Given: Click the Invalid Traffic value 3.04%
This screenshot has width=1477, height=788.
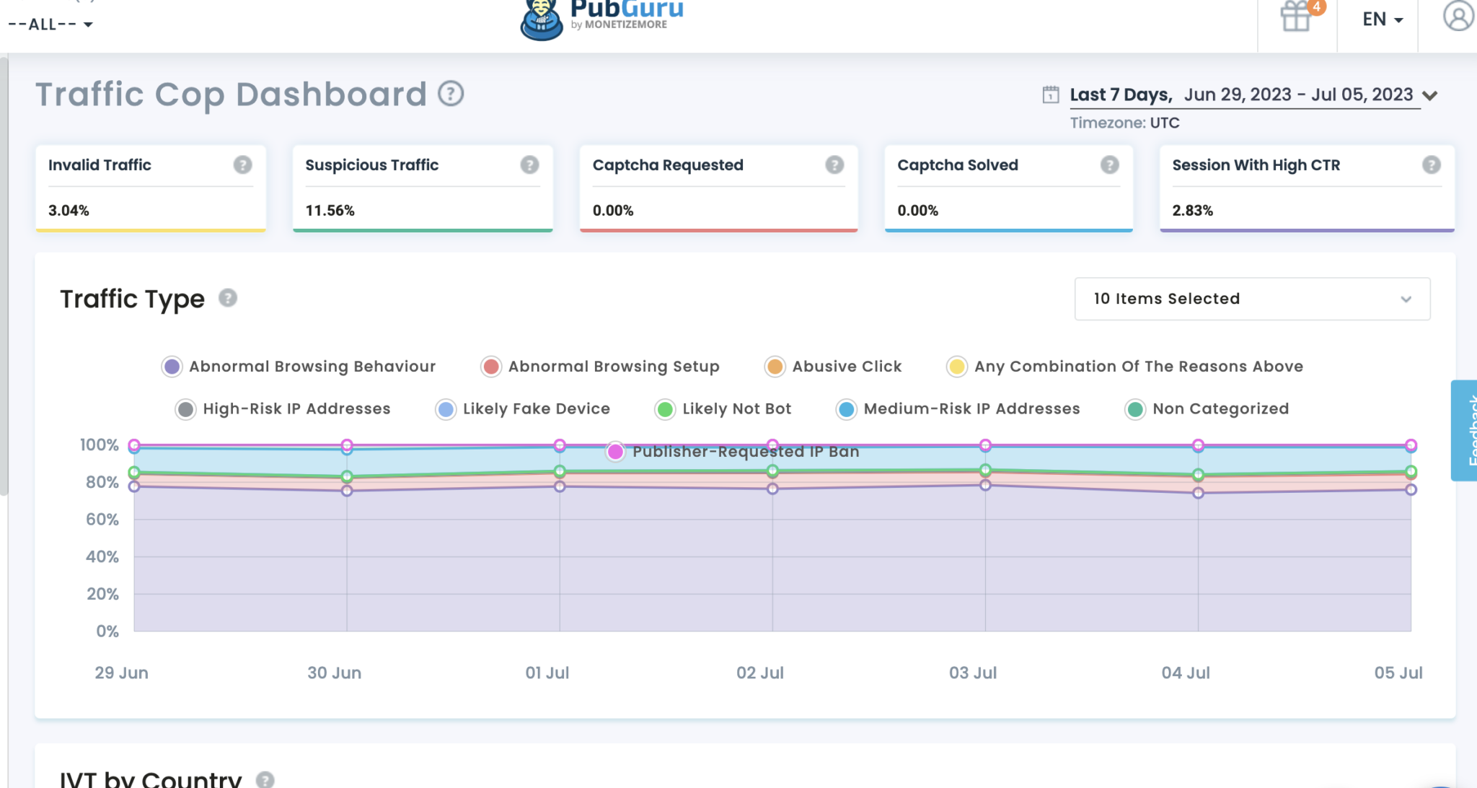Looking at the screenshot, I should (69, 211).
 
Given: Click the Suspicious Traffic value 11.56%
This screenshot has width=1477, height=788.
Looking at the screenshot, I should (330, 211).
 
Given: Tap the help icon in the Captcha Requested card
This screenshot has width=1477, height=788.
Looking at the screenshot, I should (834, 165).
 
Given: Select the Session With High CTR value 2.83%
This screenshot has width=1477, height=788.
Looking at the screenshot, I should (1192, 211).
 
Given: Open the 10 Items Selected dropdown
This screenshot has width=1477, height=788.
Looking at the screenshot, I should (1252, 299).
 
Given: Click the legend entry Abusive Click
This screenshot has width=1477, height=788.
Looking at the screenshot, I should (846, 367).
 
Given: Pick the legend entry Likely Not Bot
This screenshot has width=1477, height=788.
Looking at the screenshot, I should (736, 409).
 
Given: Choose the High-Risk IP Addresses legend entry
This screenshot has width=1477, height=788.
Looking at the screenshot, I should (296, 409).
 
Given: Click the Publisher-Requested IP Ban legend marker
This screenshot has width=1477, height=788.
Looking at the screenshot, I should (615, 452).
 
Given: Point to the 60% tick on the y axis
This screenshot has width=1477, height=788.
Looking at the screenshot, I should (102, 520).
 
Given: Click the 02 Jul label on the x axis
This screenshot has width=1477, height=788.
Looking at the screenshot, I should (759, 673).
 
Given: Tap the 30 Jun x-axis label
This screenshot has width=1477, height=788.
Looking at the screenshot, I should (334, 673).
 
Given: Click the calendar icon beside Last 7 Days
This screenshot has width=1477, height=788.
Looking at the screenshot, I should (1051, 95).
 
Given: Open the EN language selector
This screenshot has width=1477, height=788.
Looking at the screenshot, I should (1382, 19).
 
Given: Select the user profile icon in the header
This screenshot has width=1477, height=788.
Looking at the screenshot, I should (1458, 16).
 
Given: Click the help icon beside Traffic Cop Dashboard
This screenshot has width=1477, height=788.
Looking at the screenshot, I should (451, 94).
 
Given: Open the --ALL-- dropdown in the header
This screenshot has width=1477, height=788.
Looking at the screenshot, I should (50, 25).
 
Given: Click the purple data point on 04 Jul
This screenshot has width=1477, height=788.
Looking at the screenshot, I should (1198, 493).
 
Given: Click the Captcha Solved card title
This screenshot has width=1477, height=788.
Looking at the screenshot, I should (957, 165).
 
